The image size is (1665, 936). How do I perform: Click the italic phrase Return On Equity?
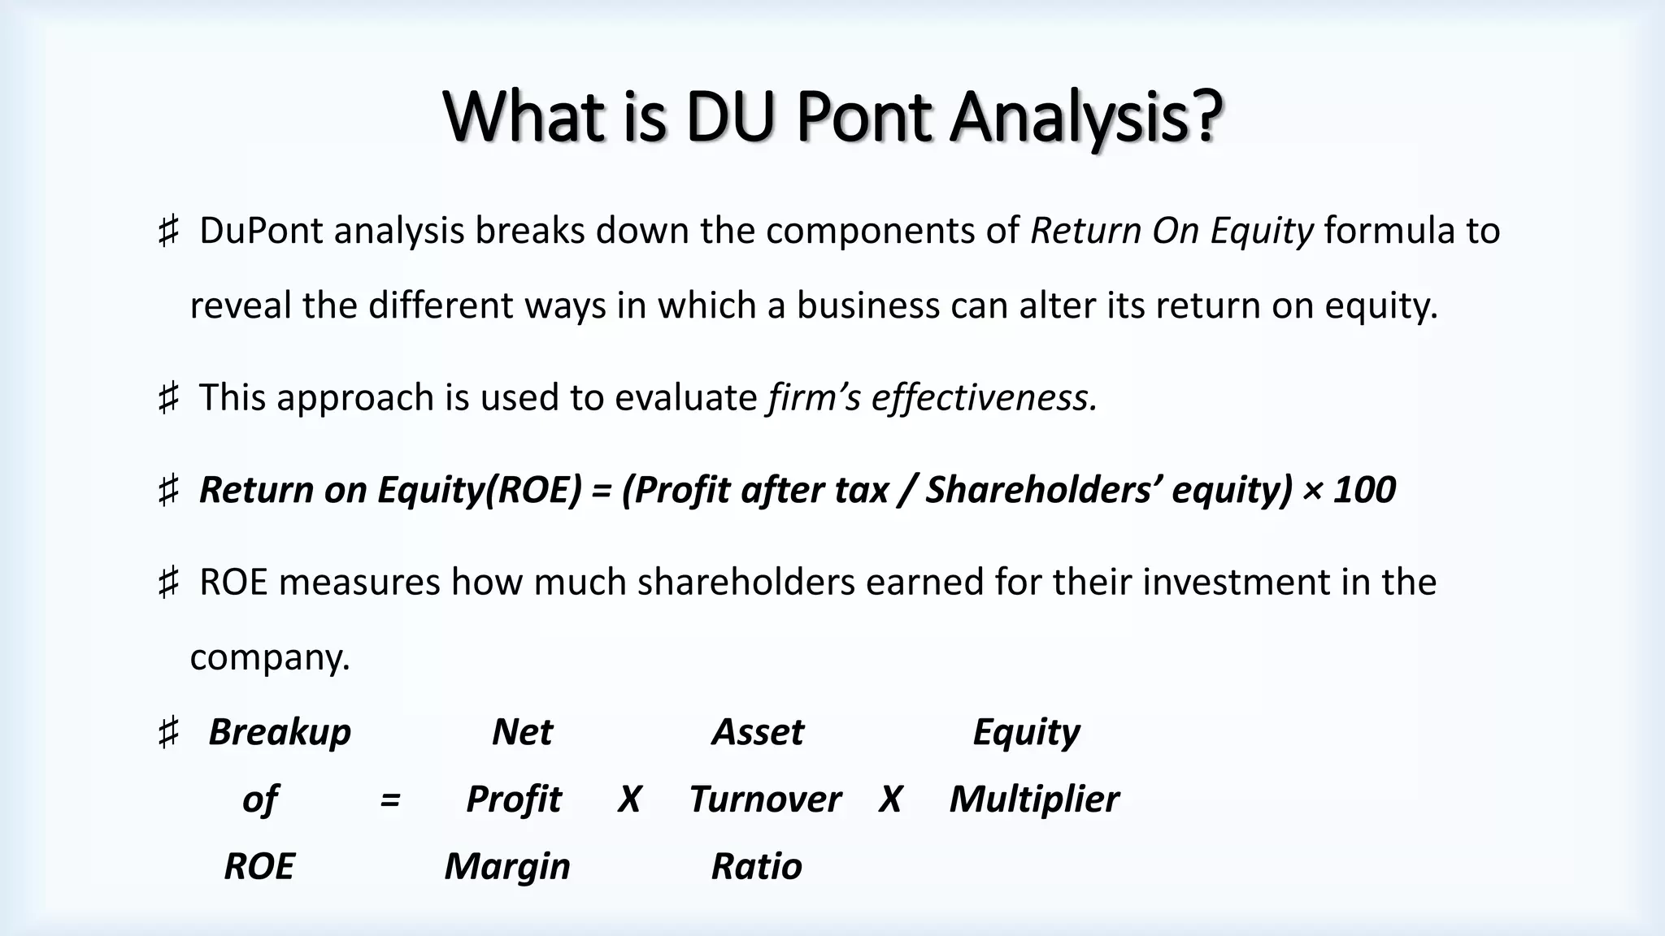pyautogui.click(x=1172, y=231)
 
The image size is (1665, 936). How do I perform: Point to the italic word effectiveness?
pyautogui.click(x=985, y=398)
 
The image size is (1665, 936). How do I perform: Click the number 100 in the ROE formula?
pyautogui.click(x=1365, y=490)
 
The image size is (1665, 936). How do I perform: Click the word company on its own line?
pyautogui.click(x=268, y=657)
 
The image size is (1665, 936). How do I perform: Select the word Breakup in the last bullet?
pyautogui.click(x=280, y=732)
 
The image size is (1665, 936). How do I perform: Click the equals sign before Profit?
pyautogui.click(x=389, y=799)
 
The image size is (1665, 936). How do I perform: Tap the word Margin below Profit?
pyautogui.click(x=507, y=866)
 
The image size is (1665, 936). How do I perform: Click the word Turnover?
pyautogui.click(x=765, y=799)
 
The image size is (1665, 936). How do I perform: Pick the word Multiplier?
pyautogui.click(x=1034, y=799)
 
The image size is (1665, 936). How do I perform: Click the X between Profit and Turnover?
pyautogui.click(x=629, y=799)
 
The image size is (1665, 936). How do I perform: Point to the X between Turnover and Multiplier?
pyautogui.click(x=890, y=799)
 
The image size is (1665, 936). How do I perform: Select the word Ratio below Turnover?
pyautogui.click(x=757, y=866)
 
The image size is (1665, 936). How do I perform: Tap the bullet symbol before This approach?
pyautogui.click(x=167, y=399)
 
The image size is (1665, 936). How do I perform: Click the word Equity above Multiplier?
pyautogui.click(x=1026, y=732)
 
